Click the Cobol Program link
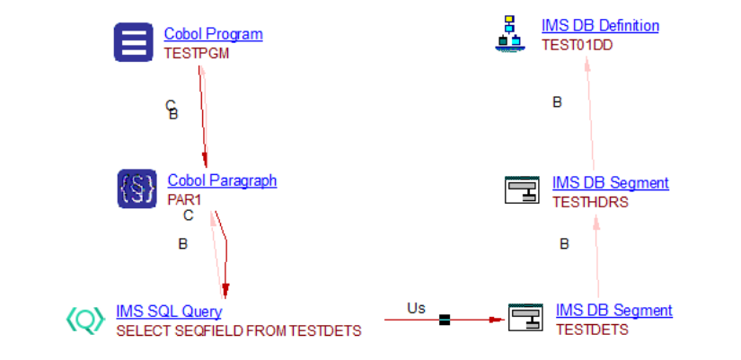click(x=213, y=34)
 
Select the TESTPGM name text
click(x=196, y=53)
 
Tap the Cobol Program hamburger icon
click(x=133, y=42)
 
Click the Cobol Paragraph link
click(x=222, y=180)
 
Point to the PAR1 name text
click(x=185, y=199)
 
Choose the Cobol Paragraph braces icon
click(x=137, y=189)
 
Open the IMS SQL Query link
click(x=169, y=312)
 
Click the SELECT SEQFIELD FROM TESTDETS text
click(x=238, y=330)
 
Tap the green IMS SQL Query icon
click(x=85, y=320)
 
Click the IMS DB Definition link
click(x=600, y=26)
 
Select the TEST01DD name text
click(x=577, y=45)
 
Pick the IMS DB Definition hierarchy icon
click(x=510, y=33)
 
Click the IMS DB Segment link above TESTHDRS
click(x=611, y=183)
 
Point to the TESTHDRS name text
click(x=590, y=202)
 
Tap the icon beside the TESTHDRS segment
click(x=521, y=190)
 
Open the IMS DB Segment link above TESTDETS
click(x=613, y=311)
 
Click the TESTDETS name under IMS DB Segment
click(x=592, y=329)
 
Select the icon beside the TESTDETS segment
click(x=525, y=318)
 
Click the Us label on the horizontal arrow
click(x=416, y=308)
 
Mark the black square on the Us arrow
click(x=444, y=320)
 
